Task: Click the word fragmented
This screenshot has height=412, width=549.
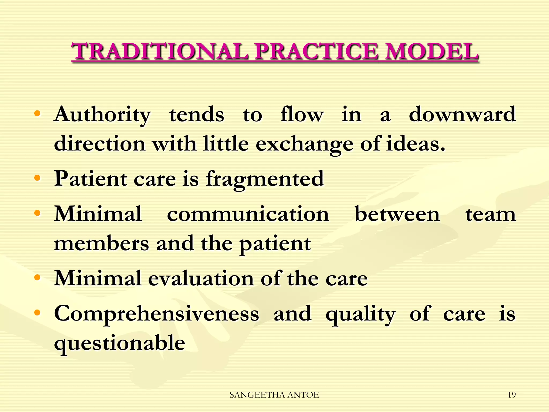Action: [265, 179]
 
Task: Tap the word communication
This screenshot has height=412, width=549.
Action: [248, 214]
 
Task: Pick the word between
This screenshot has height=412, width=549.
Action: [397, 214]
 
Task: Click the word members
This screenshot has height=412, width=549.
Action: [102, 244]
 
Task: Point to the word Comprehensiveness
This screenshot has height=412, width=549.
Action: [157, 314]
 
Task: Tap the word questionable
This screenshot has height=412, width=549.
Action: [120, 343]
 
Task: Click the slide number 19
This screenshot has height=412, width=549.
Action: [511, 395]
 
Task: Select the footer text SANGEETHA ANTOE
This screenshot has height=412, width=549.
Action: [274, 395]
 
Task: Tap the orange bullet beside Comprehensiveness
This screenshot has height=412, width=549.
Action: [38, 312]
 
